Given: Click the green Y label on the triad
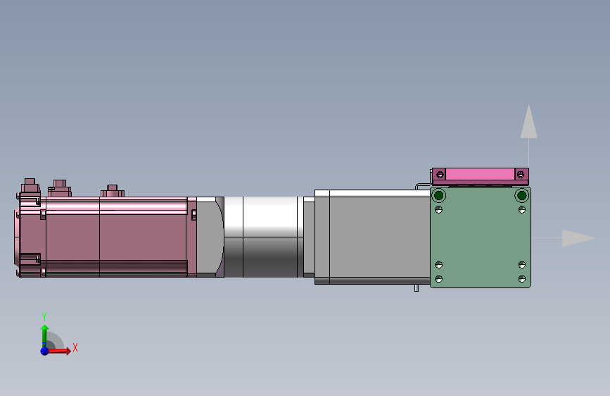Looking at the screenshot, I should click(44, 316).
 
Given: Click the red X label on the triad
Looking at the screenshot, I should click(75, 347).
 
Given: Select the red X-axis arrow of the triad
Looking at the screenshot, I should click(62, 350).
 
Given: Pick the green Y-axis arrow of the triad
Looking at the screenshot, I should click(44, 333).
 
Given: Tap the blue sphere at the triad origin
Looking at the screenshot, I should click(44, 350).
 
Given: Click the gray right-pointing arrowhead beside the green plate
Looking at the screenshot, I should click(578, 238).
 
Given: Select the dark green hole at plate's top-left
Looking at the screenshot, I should click(438, 195).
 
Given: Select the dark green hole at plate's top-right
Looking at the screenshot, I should click(521, 195).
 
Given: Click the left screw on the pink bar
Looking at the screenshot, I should click(440, 174).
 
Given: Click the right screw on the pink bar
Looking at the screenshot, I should click(521, 174).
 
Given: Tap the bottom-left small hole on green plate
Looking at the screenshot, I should click(438, 279).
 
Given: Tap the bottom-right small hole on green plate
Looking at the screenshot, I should click(521, 279).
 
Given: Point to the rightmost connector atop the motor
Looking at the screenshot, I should click(112, 191).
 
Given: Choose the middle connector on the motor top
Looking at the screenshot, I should click(60, 187).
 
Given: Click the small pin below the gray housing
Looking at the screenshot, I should click(416, 287).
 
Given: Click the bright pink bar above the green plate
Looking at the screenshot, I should click(480, 174).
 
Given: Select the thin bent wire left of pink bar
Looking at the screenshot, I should click(421, 186).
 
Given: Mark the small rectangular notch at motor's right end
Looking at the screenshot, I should click(194, 215).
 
